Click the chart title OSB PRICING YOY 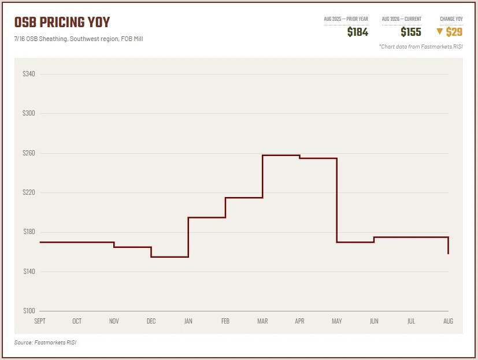pos(62,22)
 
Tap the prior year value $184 pos(358,32)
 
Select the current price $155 pos(411,32)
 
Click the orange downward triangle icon pos(440,31)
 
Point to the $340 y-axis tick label pos(29,74)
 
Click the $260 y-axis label pos(29,153)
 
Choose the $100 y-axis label pos(29,311)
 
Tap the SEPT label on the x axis pos(40,321)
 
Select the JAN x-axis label pos(188,321)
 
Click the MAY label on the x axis pos(337,321)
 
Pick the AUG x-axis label pos(448,321)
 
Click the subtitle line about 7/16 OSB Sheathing pos(79,39)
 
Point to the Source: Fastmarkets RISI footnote pos(45,342)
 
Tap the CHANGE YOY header pos(451,19)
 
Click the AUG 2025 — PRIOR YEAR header pos(346,19)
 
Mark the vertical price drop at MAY pos(337,201)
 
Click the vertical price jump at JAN pos(188,237)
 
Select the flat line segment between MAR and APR pos(281,155)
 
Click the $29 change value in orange pos(454,32)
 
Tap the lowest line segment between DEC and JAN pos(170,257)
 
